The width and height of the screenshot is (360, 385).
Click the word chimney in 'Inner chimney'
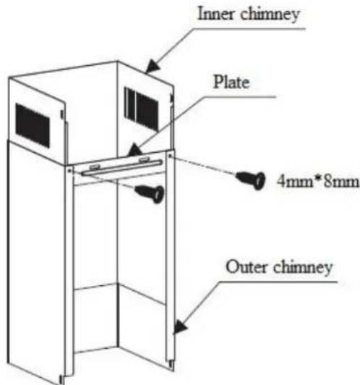(x=270, y=14)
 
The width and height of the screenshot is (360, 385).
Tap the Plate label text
(x=231, y=82)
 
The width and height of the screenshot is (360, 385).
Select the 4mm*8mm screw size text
(x=318, y=182)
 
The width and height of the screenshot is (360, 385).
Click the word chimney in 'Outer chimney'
(x=303, y=268)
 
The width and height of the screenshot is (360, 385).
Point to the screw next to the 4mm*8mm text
(x=251, y=179)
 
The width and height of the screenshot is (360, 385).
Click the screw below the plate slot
(x=150, y=193)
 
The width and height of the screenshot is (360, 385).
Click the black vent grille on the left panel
(x=33, y=125)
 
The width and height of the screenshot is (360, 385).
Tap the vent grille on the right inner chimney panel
(x=141, y=109)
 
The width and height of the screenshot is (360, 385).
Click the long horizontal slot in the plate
(x=122, y=168)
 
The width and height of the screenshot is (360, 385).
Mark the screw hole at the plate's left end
(x=69, y=170)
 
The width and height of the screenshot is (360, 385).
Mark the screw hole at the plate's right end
(x=171, y=156)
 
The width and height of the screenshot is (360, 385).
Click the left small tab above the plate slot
(x=95, y=167)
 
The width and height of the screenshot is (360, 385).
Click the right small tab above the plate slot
(x=144, y=160)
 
